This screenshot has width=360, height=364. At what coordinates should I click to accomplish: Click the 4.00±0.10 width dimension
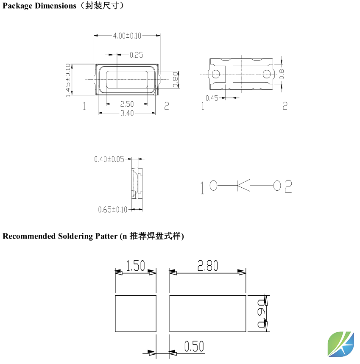tap(127, 36)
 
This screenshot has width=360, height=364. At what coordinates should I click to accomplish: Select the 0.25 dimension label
tap(136, 55)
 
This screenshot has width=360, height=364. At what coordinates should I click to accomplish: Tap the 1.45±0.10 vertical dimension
tap(68, 80)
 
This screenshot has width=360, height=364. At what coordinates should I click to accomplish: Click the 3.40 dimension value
tap(127, 113)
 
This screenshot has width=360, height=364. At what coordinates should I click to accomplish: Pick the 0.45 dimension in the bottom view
tap(212, 98)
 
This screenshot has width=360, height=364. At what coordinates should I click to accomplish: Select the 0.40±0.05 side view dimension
tap(109, 160)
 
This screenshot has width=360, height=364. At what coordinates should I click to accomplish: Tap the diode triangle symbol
tap(244, 185)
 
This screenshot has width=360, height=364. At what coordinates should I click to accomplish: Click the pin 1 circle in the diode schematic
tap(213, 185)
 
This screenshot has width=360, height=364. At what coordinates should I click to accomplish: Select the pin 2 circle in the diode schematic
tap(277, 185)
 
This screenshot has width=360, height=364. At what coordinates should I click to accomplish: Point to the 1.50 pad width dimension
tap(136, 266)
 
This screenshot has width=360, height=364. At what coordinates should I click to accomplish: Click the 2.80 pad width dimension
tap(207, 266)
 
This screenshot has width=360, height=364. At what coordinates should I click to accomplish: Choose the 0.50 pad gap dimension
tap(194, 347)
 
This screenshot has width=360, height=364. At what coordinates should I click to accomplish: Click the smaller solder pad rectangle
tap(136, 314)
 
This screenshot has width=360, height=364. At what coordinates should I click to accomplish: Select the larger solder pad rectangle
tap(207, 314)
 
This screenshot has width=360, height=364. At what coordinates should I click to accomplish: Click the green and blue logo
tap(341, 344)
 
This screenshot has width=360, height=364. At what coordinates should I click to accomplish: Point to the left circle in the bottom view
tap(216, 74)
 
